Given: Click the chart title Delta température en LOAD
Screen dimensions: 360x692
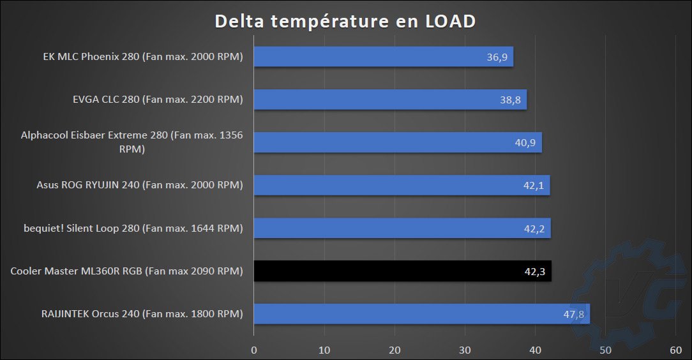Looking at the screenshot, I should point(345,21).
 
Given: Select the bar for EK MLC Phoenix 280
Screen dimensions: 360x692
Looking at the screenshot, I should point(383,57).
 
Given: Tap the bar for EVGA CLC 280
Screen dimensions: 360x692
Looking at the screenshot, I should point(389,100).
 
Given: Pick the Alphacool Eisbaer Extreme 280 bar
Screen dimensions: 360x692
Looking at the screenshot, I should point(397,142).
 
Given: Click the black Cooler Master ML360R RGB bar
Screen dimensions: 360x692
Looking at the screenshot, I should point(402,271).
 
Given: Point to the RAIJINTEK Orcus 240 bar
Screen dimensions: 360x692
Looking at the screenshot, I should point(421,314).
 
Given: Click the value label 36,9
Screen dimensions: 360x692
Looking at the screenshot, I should point(497,57).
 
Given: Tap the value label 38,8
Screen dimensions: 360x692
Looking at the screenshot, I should point(511,100).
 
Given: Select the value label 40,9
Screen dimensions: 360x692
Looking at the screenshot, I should point(525,143).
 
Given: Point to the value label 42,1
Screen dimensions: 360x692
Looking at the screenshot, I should point(534,186).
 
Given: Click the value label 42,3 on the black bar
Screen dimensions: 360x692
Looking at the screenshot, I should point(535,271).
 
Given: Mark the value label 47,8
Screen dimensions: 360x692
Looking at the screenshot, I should point(574,314).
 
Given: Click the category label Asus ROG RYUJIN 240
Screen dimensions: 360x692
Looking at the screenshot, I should point(140,185).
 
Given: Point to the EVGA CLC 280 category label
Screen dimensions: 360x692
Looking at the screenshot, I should point(158,100).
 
